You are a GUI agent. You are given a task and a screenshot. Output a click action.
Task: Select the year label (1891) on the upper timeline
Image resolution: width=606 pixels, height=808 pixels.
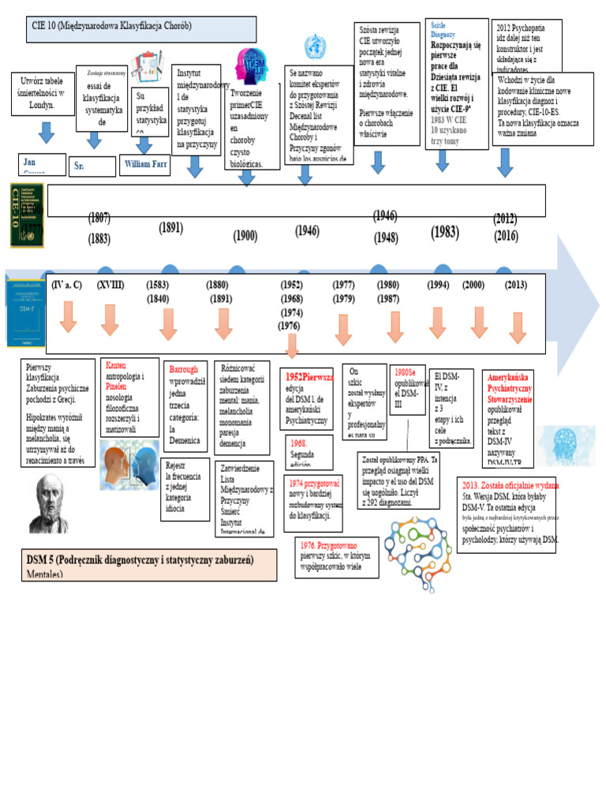point(170,228)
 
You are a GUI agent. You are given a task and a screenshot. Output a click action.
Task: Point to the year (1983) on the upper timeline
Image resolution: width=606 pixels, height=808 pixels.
point(444,232)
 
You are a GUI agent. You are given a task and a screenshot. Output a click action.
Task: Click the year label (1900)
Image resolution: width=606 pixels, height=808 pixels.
point(245,235)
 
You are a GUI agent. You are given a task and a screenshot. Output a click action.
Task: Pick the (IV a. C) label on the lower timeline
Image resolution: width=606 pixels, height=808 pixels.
point(66,285)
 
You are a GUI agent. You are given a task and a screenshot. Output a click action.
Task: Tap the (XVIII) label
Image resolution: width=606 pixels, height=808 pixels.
point(110,285)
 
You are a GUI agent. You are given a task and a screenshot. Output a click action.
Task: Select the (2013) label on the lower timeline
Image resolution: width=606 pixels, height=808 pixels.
point(516,285)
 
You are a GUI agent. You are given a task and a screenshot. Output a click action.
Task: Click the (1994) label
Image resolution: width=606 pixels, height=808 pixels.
point(438,285)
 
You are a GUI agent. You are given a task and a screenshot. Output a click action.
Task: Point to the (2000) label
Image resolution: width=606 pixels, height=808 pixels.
point(473,285)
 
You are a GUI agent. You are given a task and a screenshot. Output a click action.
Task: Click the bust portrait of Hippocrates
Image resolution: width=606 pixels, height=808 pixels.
point(49,503)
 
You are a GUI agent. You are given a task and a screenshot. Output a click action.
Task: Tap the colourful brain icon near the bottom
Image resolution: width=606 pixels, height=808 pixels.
point(418,542)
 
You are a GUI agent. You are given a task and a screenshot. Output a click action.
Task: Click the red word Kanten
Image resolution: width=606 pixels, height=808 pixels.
point(115,366)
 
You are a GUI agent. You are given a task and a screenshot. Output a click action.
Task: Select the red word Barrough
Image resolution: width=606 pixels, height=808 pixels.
point(184,368)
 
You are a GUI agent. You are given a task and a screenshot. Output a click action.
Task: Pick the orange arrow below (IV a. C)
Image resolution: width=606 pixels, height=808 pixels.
point(68,317)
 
